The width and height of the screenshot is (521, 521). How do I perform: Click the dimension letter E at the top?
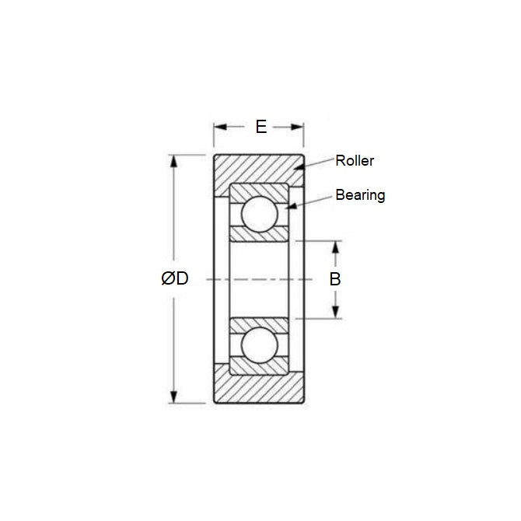click(x=260, y=127)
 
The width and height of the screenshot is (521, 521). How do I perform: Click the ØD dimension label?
click(x=175, y=279)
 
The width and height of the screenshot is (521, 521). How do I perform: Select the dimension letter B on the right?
click(x=335, y=279)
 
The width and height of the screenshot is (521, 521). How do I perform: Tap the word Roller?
click(x=355, y=161)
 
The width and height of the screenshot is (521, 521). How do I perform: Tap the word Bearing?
click(x=360, y=195)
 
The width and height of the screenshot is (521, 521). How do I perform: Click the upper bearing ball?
click(x=259, y=213)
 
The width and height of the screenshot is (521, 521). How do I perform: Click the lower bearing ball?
click(x=259, y=344)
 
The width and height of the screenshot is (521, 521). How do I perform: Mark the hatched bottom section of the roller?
click(x=259, y=389)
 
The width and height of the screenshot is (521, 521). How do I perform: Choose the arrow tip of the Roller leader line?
click(x=294, y=167)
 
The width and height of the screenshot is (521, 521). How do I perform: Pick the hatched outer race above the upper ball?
click(x=259, y=190)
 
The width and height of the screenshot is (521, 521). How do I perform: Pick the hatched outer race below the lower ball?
click(x=259, y=368)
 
